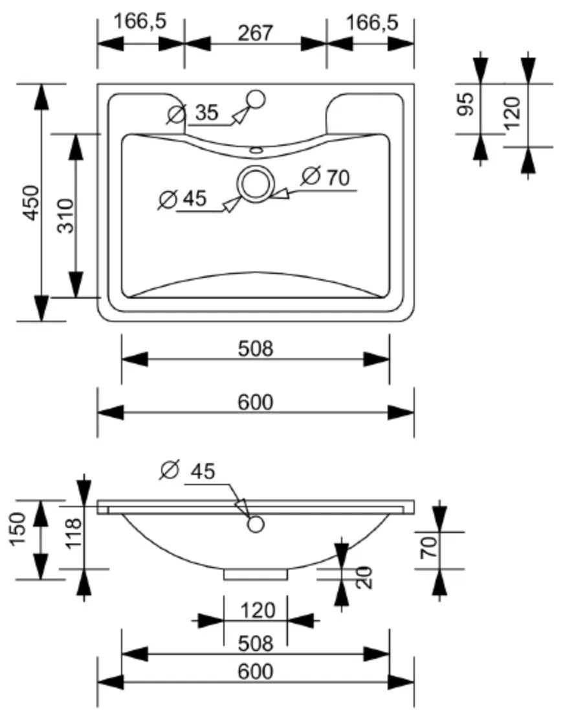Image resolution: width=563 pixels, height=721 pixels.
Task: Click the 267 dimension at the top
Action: (256, 32)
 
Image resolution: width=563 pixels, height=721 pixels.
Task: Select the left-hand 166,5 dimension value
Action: (140, 21)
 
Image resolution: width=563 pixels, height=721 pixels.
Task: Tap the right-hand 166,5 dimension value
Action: (372, 22)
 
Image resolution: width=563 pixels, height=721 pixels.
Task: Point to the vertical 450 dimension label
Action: (32, 203)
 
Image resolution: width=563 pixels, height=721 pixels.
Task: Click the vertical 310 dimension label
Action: (65, 216)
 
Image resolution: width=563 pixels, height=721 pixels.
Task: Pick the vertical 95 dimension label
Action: (466, 104)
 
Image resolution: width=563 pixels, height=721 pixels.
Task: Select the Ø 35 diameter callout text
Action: (192, 113)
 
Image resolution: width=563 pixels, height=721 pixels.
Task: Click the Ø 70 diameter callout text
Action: (326, 177)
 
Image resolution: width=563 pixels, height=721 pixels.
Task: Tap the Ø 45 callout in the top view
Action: (182, 199)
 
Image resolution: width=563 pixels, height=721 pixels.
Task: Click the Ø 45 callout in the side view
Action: (188, 470)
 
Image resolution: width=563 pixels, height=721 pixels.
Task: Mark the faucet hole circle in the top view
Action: (256, 99)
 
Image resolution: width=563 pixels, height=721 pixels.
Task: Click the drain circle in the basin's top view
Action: (256, 185)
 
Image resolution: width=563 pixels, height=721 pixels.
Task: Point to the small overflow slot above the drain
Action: (256, 150)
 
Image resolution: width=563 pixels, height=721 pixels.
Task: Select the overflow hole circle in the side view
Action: (256, 524)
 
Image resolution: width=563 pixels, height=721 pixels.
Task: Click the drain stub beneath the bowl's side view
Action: (256, 575)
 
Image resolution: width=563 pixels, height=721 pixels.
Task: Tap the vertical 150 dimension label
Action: (18, 529)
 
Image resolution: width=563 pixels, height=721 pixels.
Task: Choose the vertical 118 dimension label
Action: (74, 533)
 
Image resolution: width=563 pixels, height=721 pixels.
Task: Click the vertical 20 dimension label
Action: (363, 578)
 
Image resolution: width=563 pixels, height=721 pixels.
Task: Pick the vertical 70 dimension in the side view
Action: (429, 547)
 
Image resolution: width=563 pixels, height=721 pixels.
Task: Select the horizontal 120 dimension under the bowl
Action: (258, 611)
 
